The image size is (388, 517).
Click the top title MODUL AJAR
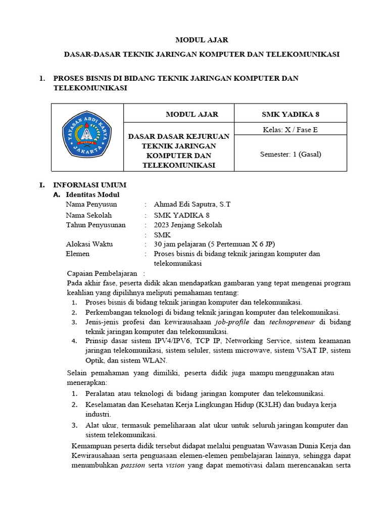tap(195, 40)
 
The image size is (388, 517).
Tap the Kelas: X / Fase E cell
tap(290, 129)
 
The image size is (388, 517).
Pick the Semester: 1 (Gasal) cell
tap(290, 154)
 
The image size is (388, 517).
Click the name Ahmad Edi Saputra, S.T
tap(192, 204)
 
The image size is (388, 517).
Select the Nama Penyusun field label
tap(91, 204)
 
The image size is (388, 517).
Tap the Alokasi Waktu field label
tap(89, 244)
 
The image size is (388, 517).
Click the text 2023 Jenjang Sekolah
tap(187, 225)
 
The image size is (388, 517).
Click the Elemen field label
tap(78, 254)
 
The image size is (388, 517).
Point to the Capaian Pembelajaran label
tap(102, 273)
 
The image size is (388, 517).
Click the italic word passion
tap(132, 466)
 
